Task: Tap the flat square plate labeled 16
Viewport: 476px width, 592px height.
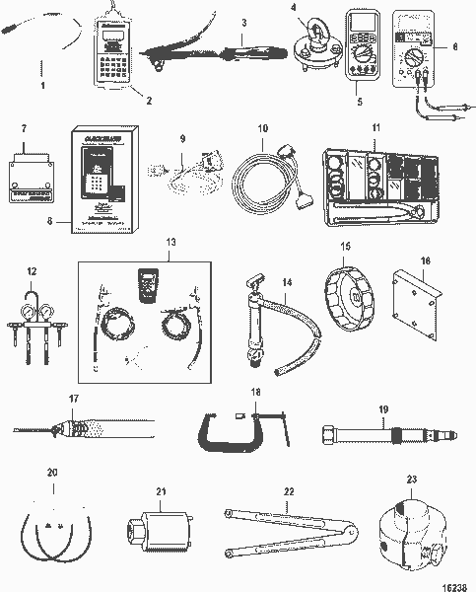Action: (x=414, y=315)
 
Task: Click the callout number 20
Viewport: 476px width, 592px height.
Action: (x=52, y=473)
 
